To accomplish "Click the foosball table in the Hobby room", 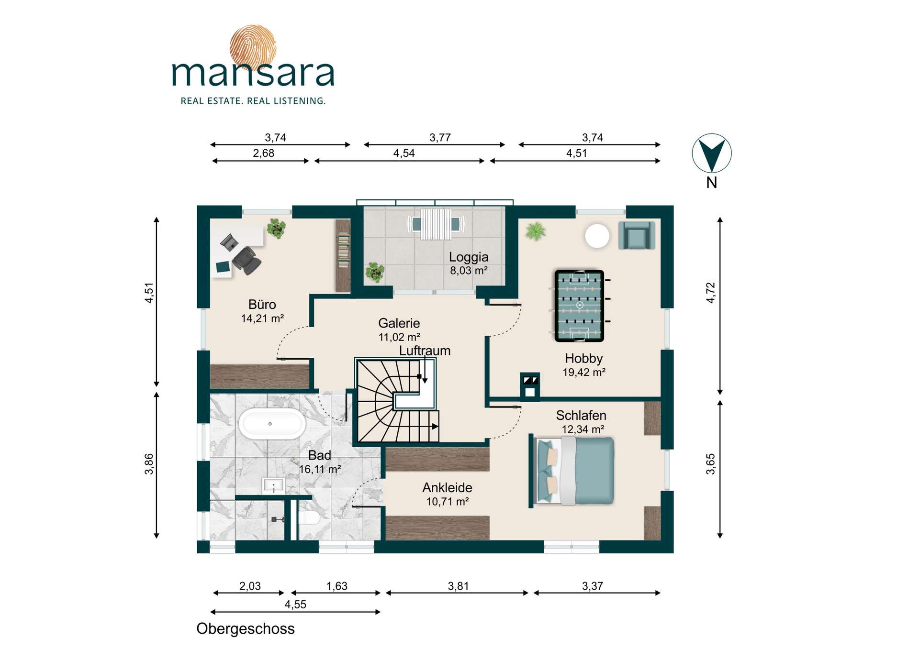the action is [x=580, y=306].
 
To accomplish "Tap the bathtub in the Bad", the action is [x=271, y=424].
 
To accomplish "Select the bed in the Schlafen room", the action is [x=572, y=471].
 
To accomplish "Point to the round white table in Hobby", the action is [x=597, y=236].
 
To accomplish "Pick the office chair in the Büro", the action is [x=247, y=260].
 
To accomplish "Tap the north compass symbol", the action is [x=712, y=153].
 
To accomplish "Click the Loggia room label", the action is [x=469, y=257].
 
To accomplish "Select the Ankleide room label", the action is [x=447, y=488].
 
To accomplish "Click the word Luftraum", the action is [x=425, y=351].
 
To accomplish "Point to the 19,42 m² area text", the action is [x=584, y=372].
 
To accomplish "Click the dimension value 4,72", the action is [x=711, y=292].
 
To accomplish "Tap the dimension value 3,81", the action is [x=458, y=586].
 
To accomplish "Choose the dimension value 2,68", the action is [x=264, y=153].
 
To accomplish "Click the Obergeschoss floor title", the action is [x=246, y=628].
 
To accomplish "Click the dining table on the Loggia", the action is [x=436, y=224].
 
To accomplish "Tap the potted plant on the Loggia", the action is [x=375, y=272].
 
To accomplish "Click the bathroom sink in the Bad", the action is [x=274, y=486].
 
